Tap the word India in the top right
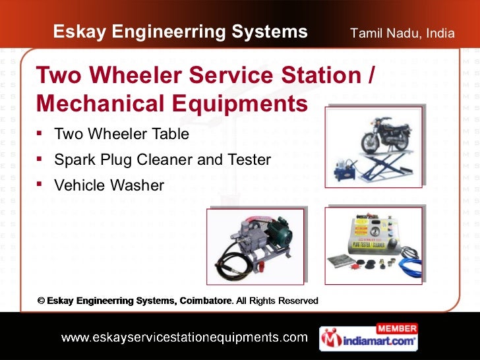point(440,32)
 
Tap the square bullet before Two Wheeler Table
point(41,134)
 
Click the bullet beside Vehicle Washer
point(41,185)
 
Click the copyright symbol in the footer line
point(41,301)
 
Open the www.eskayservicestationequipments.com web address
point(184,338)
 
